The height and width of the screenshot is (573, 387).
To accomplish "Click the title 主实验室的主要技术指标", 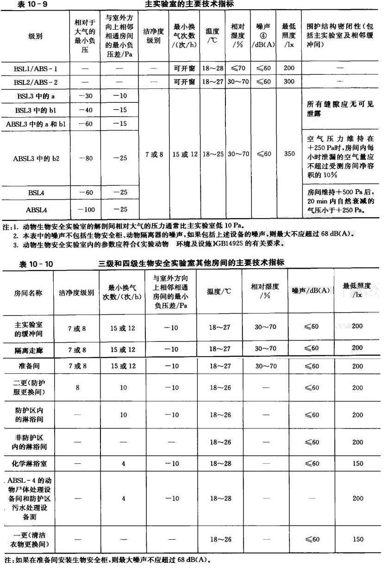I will (x=189, y=4).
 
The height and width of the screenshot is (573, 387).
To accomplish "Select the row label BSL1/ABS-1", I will (x=36, y=69).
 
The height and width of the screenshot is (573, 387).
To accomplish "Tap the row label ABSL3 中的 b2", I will (x=36, y=158).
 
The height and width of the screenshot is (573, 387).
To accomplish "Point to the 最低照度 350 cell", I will (x=289, y=154).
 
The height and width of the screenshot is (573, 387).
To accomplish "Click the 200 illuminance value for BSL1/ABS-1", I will (x=289, y=69).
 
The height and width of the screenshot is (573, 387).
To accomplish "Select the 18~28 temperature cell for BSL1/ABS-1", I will (x=213, y=69).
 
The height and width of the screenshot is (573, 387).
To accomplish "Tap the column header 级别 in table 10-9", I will (x=36, y=36).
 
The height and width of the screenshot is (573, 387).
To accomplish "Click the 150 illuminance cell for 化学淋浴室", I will (x=357, y=463).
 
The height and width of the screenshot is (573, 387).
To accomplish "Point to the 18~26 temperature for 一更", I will (x=220, y=539).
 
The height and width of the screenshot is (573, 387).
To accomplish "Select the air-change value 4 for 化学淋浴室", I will (x=123, y=463).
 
